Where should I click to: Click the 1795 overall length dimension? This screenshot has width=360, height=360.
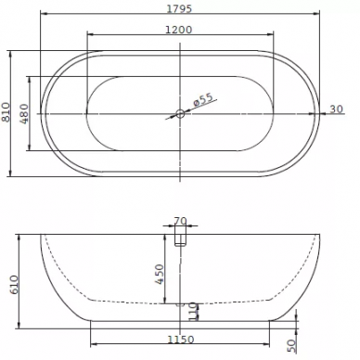[x=179, y=8]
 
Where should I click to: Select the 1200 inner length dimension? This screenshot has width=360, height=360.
[x=179, y=30]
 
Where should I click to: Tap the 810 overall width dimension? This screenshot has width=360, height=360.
[x=6, y=112]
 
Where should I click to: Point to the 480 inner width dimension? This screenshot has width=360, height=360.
[x=24, y=113]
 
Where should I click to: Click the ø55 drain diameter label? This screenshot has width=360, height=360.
[x=203, y=99]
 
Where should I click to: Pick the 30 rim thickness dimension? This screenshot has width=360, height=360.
[x=336, y=109]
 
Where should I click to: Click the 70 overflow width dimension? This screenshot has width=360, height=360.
[x=180, y=221]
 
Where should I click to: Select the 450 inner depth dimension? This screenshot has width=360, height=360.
[x=160, y=275]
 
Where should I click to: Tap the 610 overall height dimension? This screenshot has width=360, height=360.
[x=14, y=285]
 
